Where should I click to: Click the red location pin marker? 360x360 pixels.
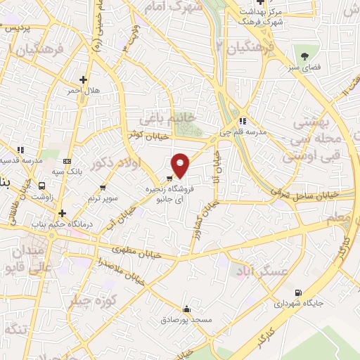pos(181,165)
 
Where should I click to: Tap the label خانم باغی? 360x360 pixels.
pos(163,117)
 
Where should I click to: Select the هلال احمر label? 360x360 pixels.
pos(80,91)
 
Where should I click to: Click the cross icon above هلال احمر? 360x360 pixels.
pos(84,79)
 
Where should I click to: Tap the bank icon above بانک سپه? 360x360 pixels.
pos(67,160)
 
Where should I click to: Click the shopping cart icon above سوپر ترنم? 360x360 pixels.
pos(103,187)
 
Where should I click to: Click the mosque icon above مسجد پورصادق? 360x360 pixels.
pos(186,309)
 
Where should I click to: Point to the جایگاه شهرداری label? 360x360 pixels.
pos(298,304)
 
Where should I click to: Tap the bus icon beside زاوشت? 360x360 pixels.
pos(44,186)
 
